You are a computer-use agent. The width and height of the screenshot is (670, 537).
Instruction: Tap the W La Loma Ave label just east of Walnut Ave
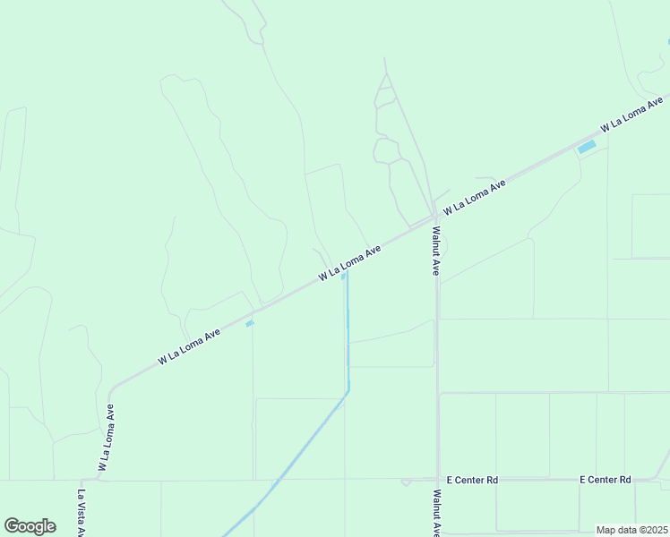pos(475,194)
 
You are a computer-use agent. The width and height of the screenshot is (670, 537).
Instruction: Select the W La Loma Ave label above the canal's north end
pos(350,261)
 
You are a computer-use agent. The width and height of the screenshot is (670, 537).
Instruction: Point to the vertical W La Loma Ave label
pos(106,438)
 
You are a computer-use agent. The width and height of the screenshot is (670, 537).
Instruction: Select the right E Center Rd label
pos(606,480)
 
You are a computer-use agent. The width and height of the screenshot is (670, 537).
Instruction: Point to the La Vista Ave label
pos(81,512)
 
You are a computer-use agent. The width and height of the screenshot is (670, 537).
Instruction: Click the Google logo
pos(30,526)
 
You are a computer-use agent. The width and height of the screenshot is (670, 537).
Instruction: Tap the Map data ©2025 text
pos(631,530)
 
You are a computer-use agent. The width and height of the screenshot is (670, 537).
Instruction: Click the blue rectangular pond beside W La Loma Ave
pos(587,147)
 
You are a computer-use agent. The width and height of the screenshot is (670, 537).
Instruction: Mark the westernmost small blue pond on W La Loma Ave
pos(250,323)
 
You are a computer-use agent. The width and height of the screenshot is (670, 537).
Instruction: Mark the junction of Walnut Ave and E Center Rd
pos(437,480)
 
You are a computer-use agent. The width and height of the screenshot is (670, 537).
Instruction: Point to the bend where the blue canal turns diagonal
pos(348,390)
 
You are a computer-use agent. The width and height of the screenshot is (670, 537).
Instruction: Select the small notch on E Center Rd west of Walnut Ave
pos(406,482)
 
